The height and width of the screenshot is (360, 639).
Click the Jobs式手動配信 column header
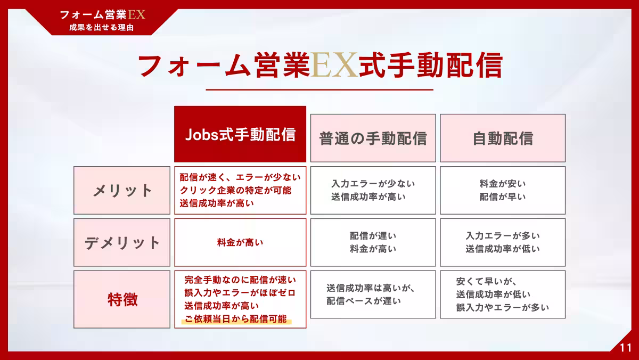[240, 134]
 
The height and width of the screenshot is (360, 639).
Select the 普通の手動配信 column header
[373, 138]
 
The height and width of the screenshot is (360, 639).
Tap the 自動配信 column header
[503, 138]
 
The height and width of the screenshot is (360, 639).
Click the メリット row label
[122, 190]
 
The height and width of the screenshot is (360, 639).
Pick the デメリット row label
[122, 242]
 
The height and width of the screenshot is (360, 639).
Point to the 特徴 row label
[122, 299]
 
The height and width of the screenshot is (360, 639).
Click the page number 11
[625, 348]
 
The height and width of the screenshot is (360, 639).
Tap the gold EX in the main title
[334, 66]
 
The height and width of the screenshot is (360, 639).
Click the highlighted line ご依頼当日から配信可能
[235, 318]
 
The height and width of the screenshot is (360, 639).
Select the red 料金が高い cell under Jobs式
[240, 242]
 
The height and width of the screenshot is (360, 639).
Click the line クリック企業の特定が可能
[235, 190]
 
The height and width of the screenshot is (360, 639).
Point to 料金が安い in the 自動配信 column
[503, 184]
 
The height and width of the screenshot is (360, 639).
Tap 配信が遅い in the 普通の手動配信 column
[373, 236]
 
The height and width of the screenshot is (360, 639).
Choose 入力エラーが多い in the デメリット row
[503, 236]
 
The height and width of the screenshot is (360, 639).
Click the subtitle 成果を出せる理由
[102, 27]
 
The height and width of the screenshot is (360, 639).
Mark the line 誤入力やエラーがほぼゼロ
[240, 293]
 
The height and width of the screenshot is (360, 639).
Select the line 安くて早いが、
[486, 282]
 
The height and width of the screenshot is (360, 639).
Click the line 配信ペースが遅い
[364, 301]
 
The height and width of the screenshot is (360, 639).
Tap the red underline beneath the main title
[319, 89]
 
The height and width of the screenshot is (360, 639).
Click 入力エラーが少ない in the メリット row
[373, 184]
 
